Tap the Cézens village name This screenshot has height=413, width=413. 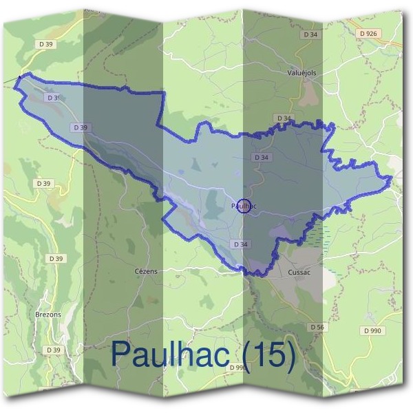coord(145,271)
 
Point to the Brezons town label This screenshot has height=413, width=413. coord(48,314)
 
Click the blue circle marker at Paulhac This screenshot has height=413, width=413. coord(243,205)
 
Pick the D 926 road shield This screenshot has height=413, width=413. coord(369,33)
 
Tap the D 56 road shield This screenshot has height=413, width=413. coord(317,326)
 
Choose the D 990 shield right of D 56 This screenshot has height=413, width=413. coord(371,331)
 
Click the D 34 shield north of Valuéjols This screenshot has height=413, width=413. coord(310,34)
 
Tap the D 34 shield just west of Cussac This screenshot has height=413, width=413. coord(240,244)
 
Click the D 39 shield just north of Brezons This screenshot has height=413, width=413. coord(56,258)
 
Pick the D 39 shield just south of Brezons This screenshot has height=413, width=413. coord(54,350)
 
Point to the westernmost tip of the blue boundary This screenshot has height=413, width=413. coord(14,78)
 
